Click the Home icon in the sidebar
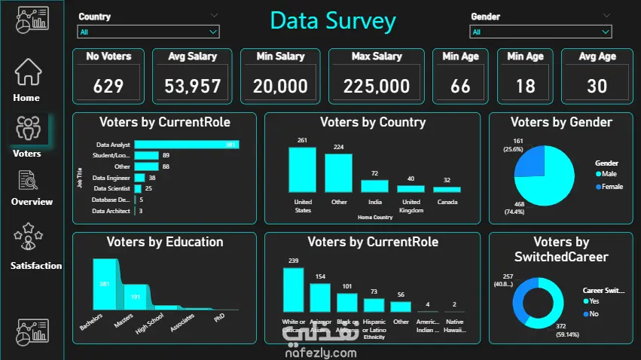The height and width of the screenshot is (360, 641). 28,73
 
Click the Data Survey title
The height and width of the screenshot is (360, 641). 333,20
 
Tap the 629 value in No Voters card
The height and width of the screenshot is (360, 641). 108,86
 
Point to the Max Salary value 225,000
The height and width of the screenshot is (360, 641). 376,86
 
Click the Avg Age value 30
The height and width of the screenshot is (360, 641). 597,86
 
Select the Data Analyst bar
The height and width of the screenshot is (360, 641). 186,145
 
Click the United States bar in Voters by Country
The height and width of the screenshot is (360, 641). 302,169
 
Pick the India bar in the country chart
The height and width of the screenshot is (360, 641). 374,186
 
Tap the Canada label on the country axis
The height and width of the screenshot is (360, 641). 447,202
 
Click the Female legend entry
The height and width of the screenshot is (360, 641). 611,186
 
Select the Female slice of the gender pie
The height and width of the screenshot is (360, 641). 530,163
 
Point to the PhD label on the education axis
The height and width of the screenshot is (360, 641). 219,318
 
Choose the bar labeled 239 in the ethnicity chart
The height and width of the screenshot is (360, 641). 293,289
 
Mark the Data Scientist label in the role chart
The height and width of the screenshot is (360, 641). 112,188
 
